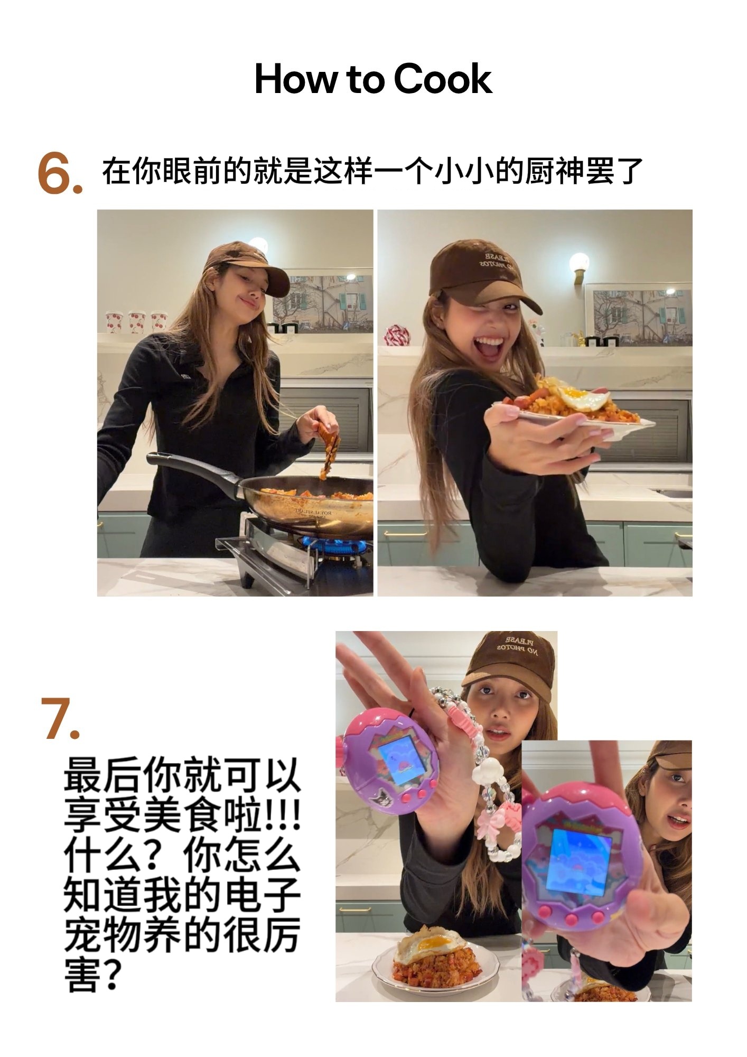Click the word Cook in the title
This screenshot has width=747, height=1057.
443,79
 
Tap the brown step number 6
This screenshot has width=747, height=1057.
59,173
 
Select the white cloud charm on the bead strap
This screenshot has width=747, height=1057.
487,773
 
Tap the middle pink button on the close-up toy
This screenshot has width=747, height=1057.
572,919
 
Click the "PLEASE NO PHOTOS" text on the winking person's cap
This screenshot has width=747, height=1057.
497,261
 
